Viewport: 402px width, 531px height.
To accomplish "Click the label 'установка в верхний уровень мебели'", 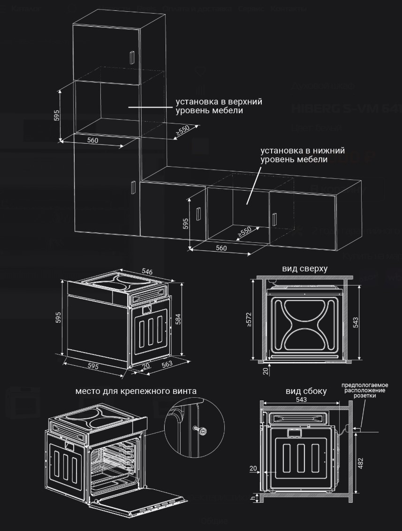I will [x=219, y=106].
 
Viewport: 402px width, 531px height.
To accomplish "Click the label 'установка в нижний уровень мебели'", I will [x=303, y=155].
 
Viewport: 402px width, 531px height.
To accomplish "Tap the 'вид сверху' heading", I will [x=304, y=269].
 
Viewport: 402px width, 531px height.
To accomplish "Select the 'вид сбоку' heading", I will [x=306, y=391].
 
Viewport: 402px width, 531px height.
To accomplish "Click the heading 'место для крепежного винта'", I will [x=136, y=391].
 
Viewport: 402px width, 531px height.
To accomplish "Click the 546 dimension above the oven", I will [x=147, y=272].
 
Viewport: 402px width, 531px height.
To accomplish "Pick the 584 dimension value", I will [x=178, y=319].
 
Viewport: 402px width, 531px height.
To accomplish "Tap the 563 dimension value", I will [x=167, y=363].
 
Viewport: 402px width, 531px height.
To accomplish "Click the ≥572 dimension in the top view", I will [x=249, y=319].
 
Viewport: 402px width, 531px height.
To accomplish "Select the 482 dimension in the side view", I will [x=360, y=463].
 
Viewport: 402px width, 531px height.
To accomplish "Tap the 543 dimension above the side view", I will [x=301, y=399].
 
